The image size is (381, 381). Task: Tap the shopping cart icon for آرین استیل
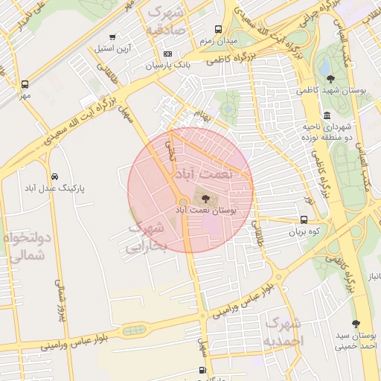click(x=112, y=36)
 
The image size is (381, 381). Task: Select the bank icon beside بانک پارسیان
click(x=167, y=54)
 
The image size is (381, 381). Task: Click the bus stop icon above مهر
click(x=25, y=84)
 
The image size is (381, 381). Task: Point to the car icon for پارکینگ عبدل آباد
click(x=55, y=176)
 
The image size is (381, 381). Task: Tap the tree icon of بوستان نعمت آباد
click(x=205, y=199)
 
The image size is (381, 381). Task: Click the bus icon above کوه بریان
click(x=304, y=220)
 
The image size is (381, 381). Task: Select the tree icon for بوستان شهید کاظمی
click(x=330, y=78)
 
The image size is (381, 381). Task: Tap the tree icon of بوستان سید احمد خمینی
click(x=356, y=324)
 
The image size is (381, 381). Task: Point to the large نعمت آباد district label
click(x=203, y=173)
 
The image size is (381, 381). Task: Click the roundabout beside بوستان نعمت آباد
click(x=183, y=202)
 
